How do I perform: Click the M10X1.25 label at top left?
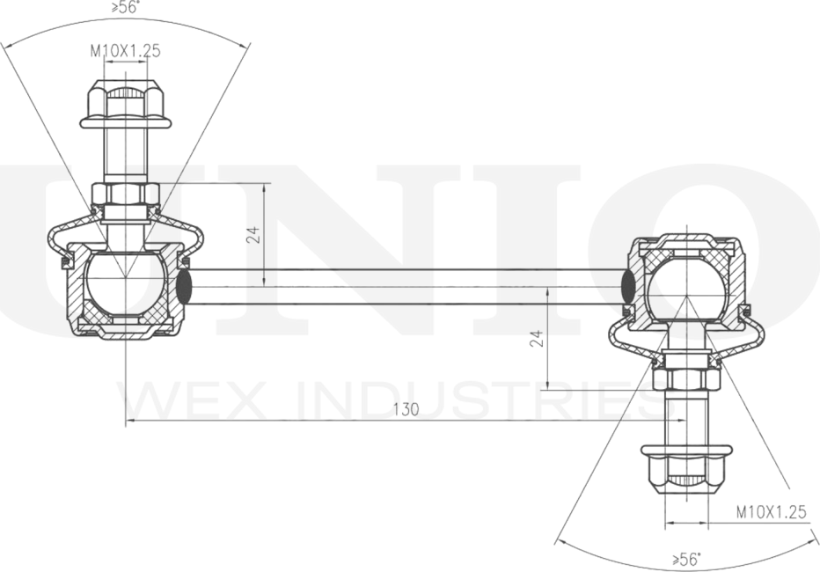pyautogui.click(x=126, y=51)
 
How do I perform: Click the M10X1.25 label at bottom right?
pyautogui.click(x=772, y=511)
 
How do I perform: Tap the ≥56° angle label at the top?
pyautogui.click(x=126, y=7)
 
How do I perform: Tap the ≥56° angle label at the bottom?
pyautogui.click(x=685, y=560)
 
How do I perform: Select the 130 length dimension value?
pyautogui.click(x=406, y=409)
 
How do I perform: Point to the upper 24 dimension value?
pyautogui.click(x=253, y=235)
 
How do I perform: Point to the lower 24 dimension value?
pyautogui.click(x=537, y=338)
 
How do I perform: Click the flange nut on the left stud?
pyautogui.click(x=126, y=104)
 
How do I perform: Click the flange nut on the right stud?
pyautogui.click(x=686, y=470)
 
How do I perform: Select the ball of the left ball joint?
pyautogui.click(x=126, y=282)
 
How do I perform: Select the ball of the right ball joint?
pyautogui.click(x=686, y=290)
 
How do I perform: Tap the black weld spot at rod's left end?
pyautogui.click(x=184, y=287)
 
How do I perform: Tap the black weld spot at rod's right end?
pyautogui.click(x=628, y=287)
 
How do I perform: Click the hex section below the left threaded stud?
pyautogui.click(x=126, y=194)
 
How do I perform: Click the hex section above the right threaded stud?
pyautogui.click(x=686, y=379)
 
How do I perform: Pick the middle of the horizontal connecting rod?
pyautogui.click(x=406, y=287)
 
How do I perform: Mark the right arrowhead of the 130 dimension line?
pyautogui.click(x=680, y=421)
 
